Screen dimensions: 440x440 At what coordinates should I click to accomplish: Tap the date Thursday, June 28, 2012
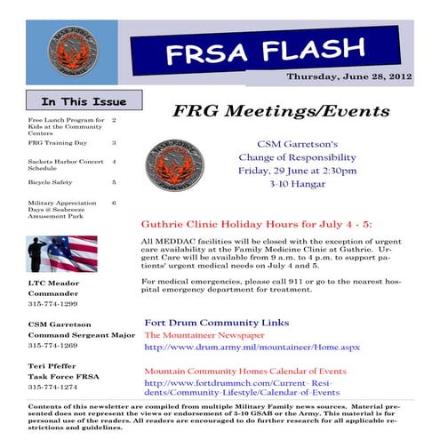click(x=359, y=77)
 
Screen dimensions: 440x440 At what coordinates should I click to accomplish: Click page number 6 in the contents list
click(x=114, y=203)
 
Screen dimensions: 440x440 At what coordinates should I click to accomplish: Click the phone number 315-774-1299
click(x=54, y=304)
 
